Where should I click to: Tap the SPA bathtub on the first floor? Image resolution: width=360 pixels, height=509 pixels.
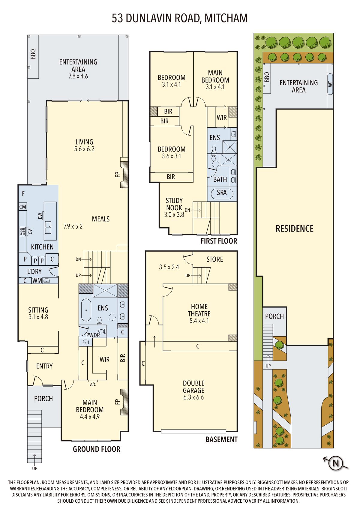coord(222,193)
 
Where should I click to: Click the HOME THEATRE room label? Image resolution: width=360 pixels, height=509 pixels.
coord(199,310)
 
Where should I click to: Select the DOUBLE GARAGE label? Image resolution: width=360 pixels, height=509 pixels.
coord(193,387)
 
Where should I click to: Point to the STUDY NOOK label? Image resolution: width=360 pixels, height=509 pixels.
coord(174,204)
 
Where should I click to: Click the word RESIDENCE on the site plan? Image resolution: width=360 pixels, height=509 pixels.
coord(295,229)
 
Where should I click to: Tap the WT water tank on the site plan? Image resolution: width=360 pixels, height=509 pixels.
coord(330,84)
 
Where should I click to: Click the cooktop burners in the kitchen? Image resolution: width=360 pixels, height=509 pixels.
coord(23,231)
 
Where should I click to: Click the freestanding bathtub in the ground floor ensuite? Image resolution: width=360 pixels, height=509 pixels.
coord(86,310)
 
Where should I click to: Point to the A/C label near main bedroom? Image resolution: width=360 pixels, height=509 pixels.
coord(93,385)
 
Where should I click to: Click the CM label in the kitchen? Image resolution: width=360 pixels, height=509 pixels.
coord(23,207)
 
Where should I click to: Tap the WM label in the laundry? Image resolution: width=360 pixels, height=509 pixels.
coord(37,281)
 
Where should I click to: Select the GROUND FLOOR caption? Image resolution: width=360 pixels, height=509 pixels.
coord(97,449)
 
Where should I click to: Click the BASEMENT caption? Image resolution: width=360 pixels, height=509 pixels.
coord(221,439)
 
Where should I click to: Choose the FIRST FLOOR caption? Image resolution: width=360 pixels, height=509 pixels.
coord(219,241)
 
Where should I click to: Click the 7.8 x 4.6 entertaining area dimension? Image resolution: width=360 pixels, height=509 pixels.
coord(78,76)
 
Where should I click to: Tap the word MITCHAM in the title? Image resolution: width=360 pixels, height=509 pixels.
coord(226,18)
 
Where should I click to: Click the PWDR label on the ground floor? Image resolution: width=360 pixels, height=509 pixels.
coord(93,335)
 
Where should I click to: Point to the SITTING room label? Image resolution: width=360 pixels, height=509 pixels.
coord(38,310)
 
